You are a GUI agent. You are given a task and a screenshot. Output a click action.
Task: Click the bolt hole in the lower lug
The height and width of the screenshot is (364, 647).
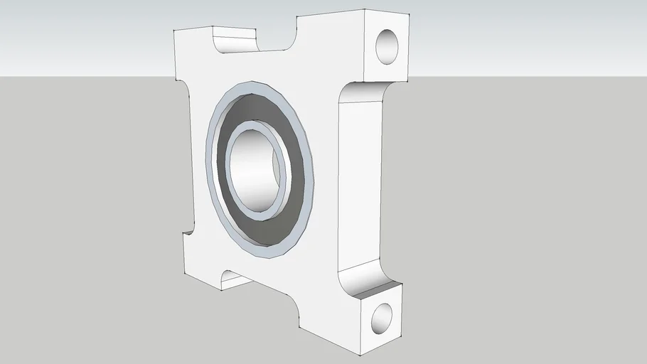(382, 318)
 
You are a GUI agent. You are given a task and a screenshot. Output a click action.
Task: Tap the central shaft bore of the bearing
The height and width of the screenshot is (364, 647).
(253, 168)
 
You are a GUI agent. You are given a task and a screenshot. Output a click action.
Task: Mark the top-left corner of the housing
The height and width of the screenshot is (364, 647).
(177, 30)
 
